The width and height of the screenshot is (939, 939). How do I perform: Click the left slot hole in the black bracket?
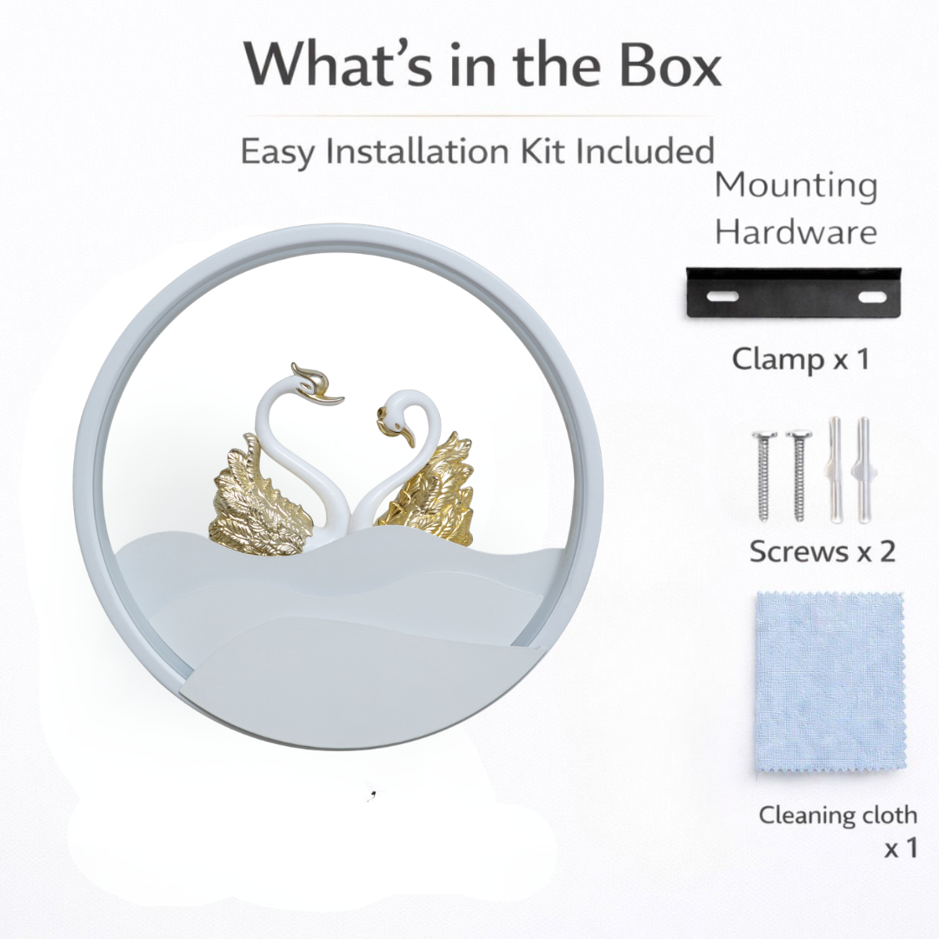(x=724, y=296)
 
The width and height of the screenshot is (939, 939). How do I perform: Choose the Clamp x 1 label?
(x=800, y=359)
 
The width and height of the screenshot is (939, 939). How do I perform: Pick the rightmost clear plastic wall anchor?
(x=863, y=470)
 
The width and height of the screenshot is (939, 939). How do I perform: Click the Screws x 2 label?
(x=822, y=550)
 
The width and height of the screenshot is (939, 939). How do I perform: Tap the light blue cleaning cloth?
(x=830, y=686)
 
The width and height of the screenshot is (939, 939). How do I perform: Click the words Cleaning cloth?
(x=838, y=816)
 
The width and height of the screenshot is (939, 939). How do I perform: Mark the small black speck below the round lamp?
(x=372, y=796)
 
